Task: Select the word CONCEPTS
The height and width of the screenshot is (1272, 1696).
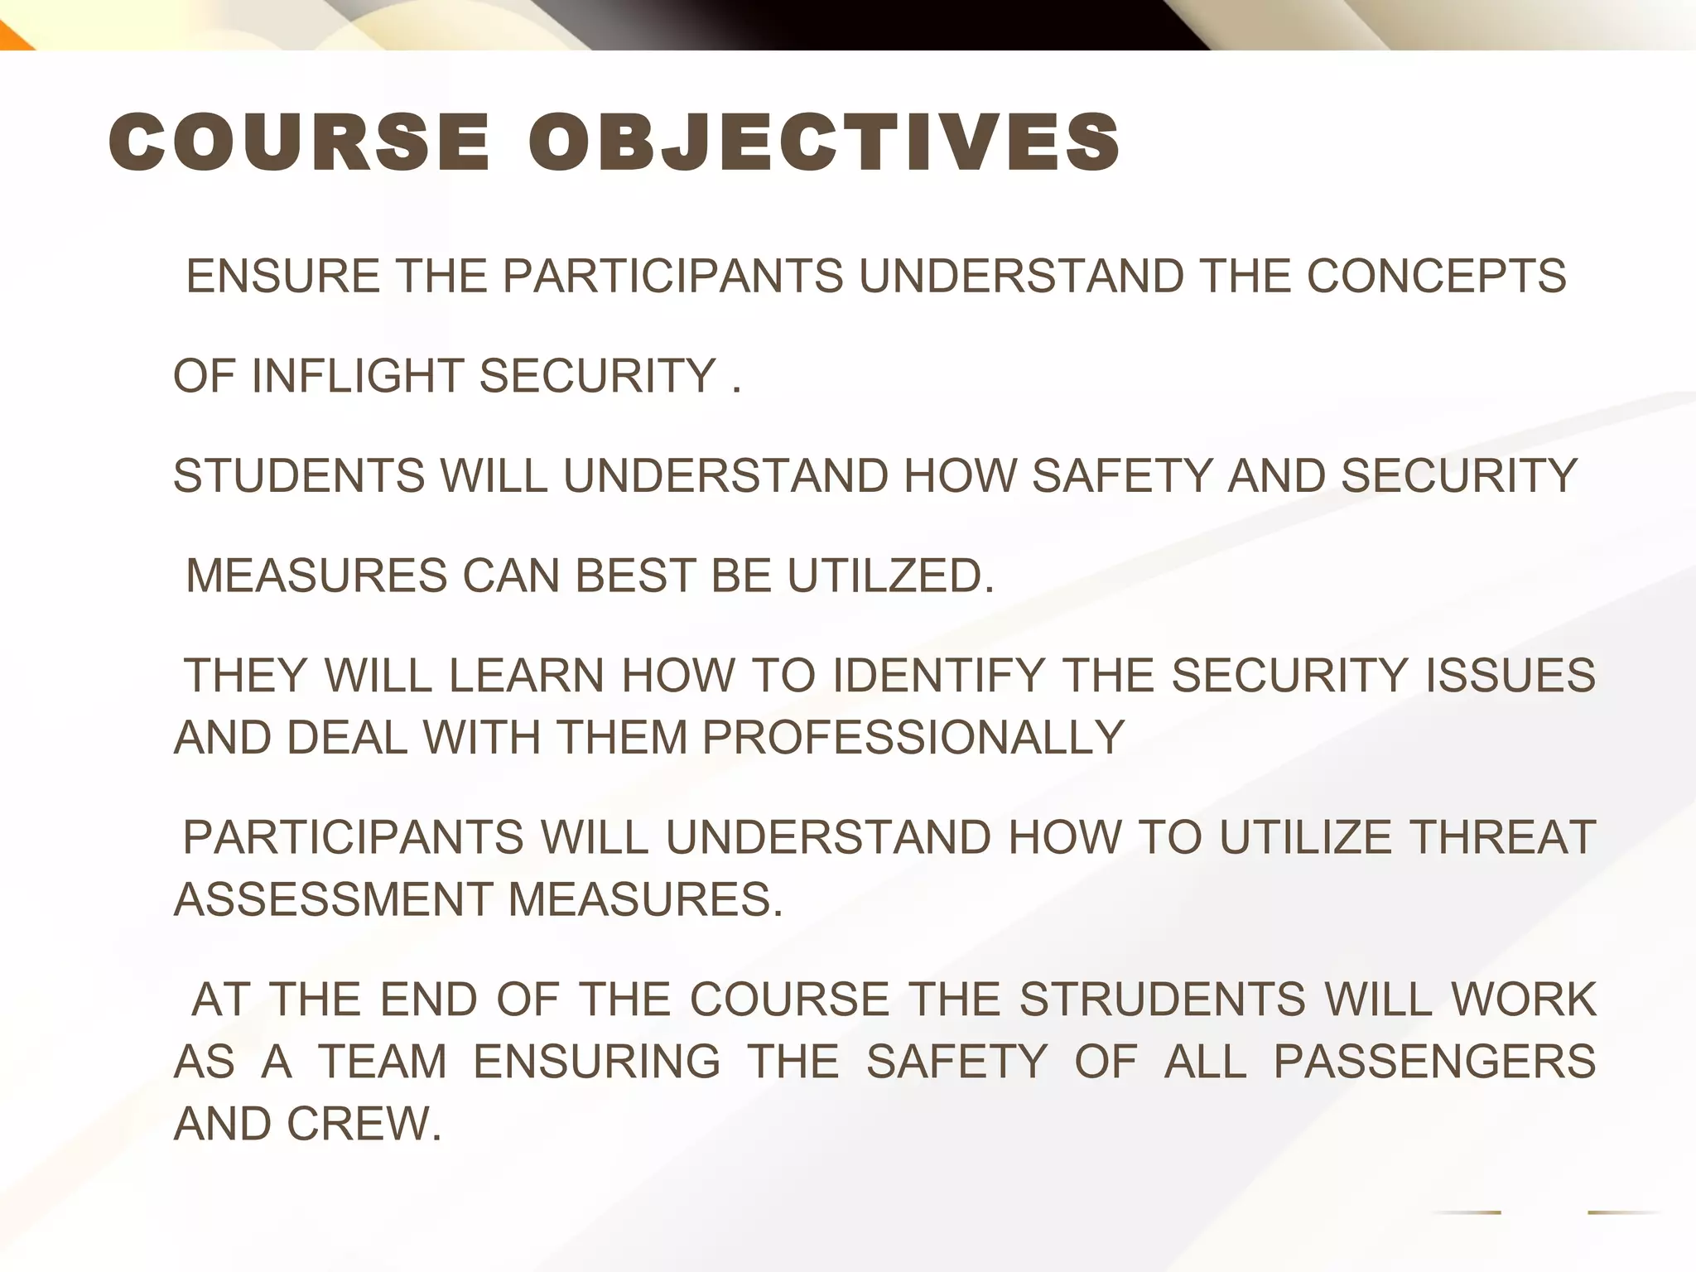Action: click(x=1436, y=276)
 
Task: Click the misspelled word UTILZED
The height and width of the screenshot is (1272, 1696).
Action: click(x=890, y=576)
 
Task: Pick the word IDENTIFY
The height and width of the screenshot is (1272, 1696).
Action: click(x=938, y=675)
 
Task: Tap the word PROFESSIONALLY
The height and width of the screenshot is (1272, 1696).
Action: click(x=913, y=737)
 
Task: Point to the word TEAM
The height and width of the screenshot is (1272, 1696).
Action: click(x=383, y=1062)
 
